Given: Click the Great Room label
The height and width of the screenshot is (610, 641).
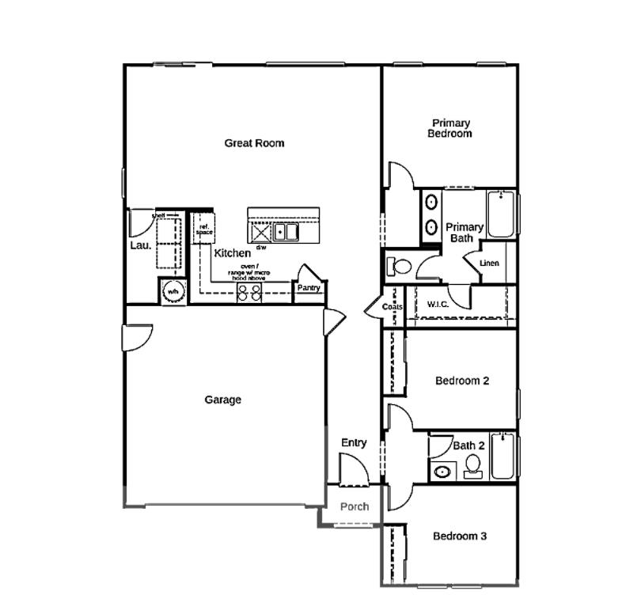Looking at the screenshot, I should point(254,143).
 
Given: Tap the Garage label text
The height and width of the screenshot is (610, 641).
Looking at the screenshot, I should point(222,400).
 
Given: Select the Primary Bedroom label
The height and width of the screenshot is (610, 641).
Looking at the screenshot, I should point(450,128).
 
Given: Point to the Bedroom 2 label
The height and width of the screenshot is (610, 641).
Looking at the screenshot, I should point(462,381).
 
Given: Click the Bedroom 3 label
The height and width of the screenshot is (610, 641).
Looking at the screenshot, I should point(459,536).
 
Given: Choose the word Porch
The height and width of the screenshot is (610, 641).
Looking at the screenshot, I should point(354,506).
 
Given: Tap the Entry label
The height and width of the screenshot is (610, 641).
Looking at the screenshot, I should point(354,443).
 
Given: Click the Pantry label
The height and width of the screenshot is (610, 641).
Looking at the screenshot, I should point(308,288).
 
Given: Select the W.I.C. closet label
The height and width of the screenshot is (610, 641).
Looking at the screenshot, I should point(438,304).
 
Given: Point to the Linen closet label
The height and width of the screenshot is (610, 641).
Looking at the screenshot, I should point(489,263).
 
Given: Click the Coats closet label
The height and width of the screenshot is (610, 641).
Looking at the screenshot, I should point(393,307).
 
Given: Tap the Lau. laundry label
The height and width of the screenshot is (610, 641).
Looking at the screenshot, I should point(140,245).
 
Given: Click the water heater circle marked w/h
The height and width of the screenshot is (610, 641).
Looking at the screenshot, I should point(172,292).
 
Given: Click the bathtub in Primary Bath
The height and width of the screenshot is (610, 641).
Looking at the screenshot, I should point(501,214).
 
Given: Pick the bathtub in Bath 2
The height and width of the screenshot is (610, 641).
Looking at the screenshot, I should point(503,457).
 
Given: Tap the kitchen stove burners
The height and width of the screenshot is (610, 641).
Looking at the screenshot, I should point(250,292).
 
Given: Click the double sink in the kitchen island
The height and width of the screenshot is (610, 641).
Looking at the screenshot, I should point(286,232).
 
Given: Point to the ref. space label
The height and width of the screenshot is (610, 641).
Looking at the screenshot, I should point(204,228).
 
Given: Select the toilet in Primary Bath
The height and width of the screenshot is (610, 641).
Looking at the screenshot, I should point(401,265).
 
